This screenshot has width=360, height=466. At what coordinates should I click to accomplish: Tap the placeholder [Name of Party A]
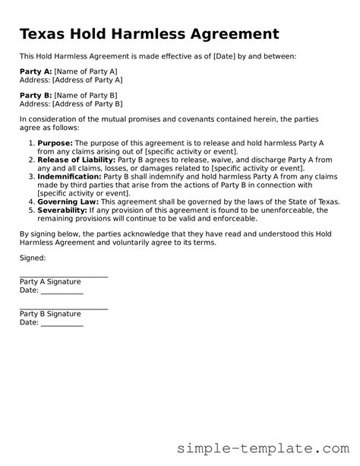[x=86, y=71]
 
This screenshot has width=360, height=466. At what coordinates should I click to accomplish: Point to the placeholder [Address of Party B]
[x=87, y=103]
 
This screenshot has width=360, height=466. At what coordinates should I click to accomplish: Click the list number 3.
[x=30, y=176]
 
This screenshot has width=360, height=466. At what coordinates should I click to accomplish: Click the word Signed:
[x=33, y=258]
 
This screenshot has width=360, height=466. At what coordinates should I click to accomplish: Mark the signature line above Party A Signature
[x=64, y=277]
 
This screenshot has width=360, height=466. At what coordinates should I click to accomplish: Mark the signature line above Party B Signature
[x=64, y=309]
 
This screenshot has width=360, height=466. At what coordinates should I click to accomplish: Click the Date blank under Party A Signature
[x=62, y=293]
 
